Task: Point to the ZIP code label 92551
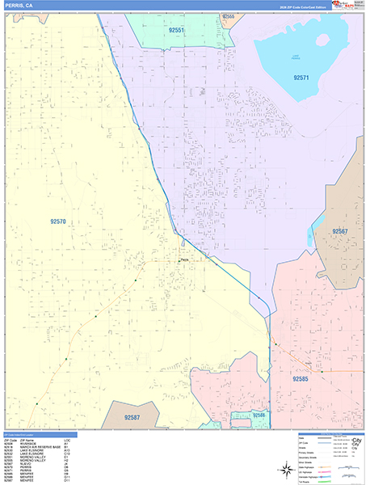point(176,30)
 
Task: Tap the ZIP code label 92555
point(228,16)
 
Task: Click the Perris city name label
point(184,259)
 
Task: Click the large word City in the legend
point(355,441)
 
